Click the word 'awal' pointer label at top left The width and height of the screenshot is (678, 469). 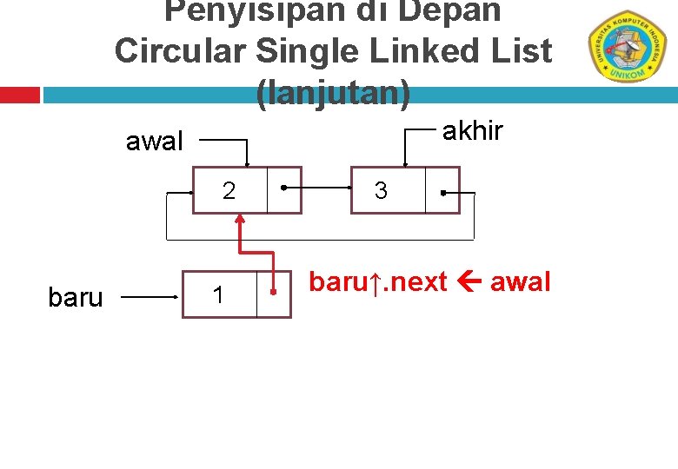(x=155, y=141)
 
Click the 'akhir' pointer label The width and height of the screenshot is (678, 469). (x=473, y=130)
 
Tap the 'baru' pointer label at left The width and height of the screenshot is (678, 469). (x=76, y=298)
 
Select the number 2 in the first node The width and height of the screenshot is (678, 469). (x=229, y=190)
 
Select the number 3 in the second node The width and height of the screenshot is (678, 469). (x=381, y=190)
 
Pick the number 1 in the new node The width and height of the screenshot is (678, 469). (x=218, y=296)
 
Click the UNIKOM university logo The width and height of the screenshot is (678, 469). (x=626, y=47)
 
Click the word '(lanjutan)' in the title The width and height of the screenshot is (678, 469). (x=333, y=92)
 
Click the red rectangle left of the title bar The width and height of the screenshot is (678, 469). (x=19, y=94)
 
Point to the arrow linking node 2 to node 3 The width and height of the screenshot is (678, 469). (x=317, y=187)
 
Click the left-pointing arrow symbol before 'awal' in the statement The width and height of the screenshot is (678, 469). (x=469, y=282)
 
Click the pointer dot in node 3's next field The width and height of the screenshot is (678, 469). (x=442, y=191)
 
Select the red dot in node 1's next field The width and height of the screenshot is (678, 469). (x=273, y=293)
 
